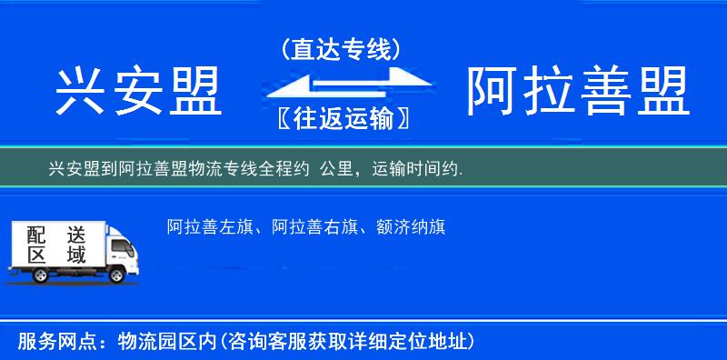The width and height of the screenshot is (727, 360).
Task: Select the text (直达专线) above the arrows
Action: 342,51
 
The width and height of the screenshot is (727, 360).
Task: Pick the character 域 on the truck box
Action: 75,255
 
